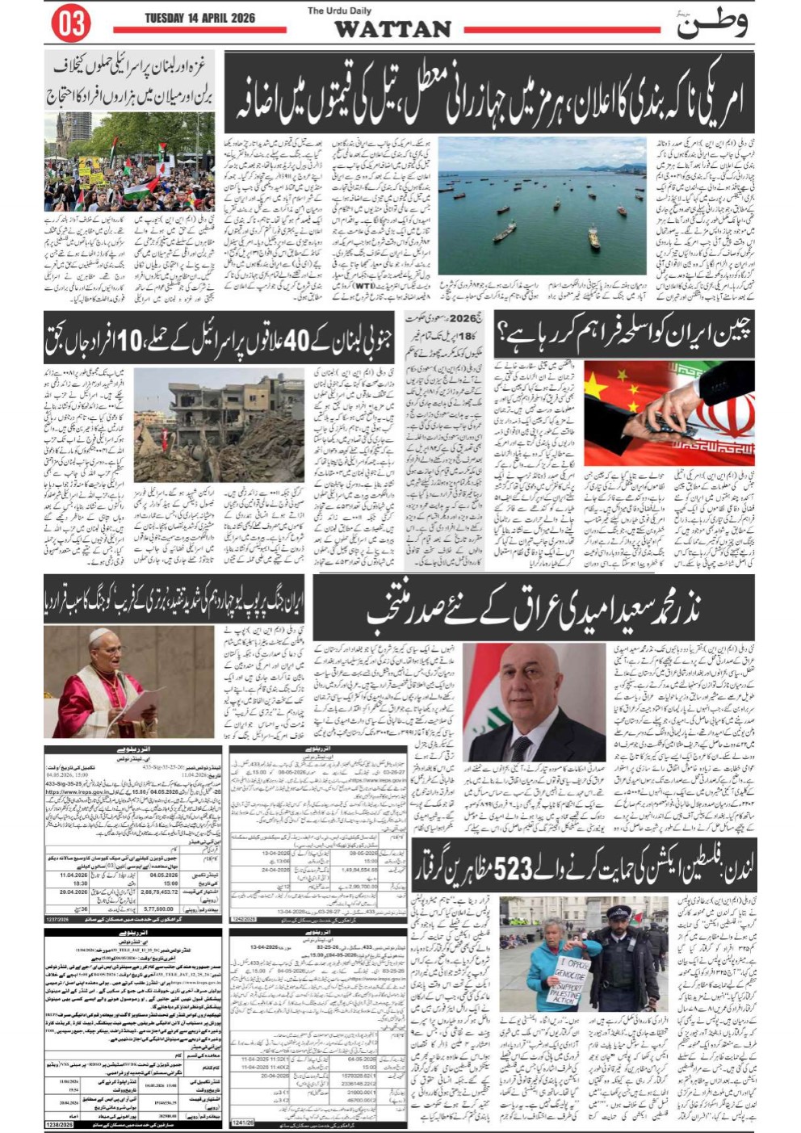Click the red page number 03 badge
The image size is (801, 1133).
(x=71, y=23)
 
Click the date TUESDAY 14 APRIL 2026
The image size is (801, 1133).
(x=199, y=18)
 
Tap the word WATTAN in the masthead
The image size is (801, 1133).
(x=392, y=29)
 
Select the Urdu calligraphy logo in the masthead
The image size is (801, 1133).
(x=711, y=24)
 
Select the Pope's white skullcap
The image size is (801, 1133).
(x=99, y=636)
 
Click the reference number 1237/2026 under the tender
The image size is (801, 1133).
(x=59, y=920)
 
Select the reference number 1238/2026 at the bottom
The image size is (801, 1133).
(x=60, y=1125)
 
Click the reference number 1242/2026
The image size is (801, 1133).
(x=244, y=919)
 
